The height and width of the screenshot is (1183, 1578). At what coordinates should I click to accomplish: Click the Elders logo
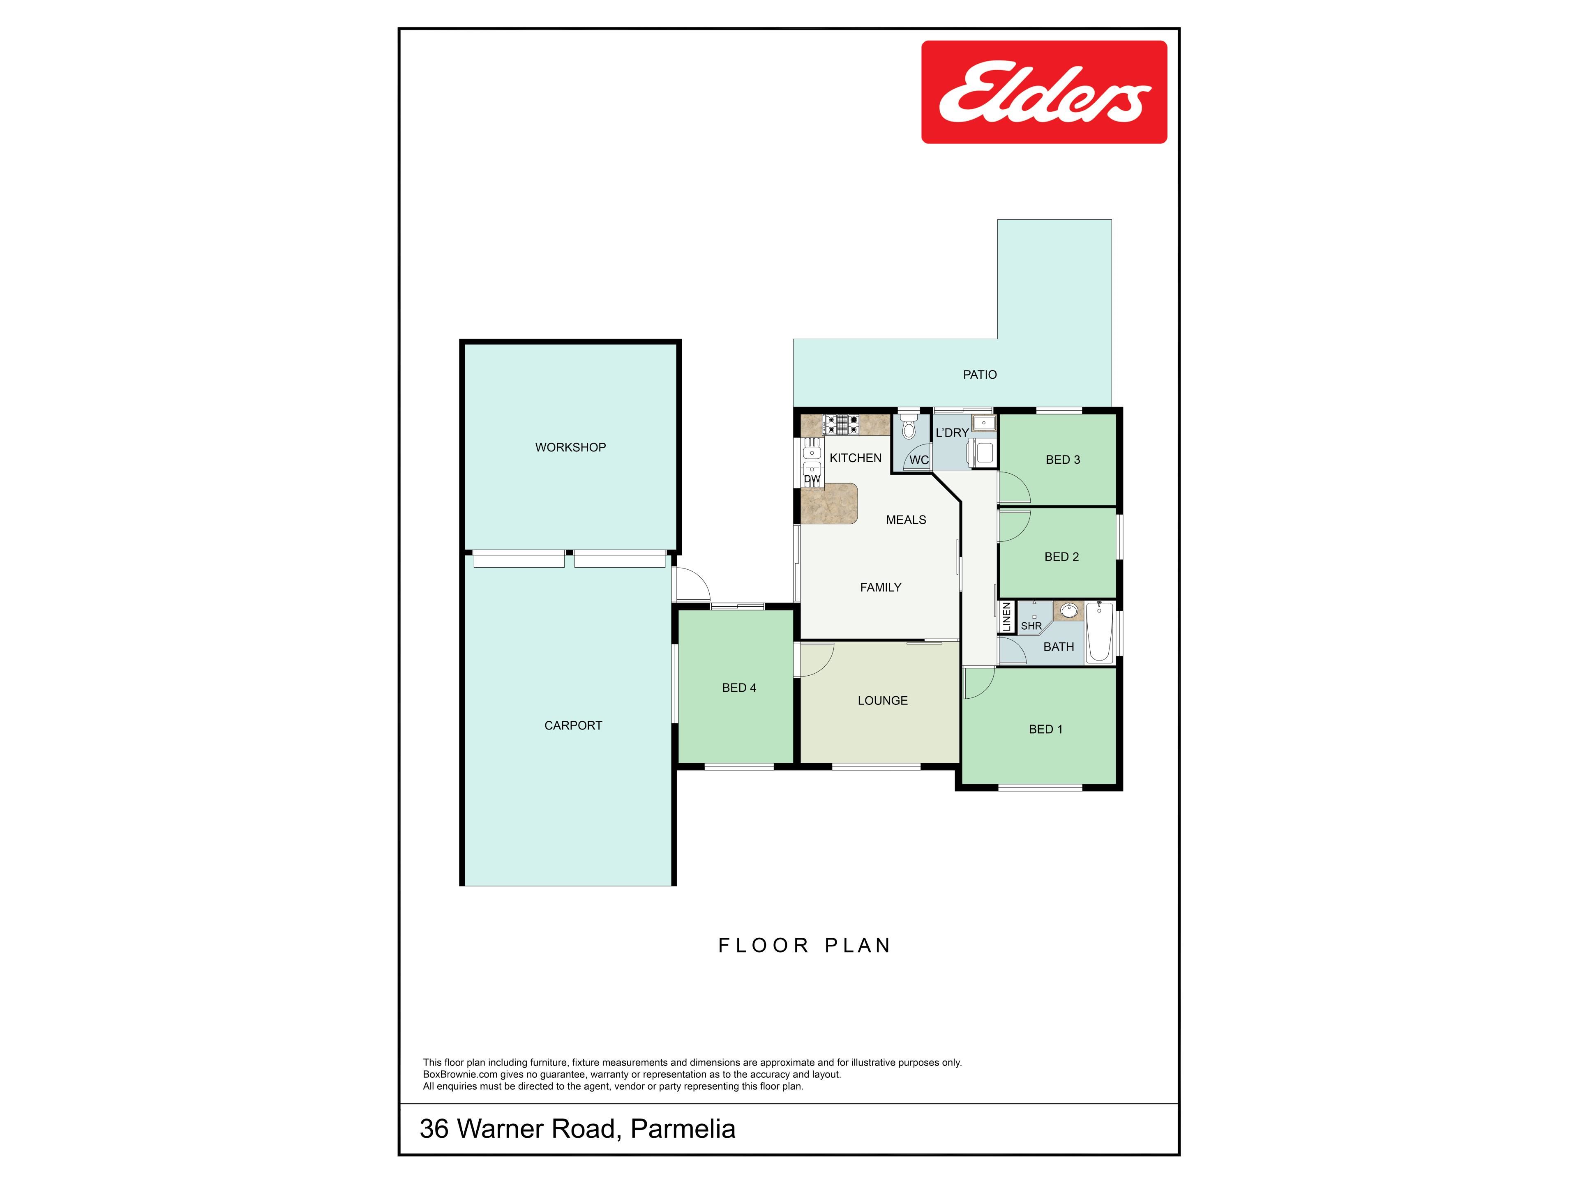coord(1044,92)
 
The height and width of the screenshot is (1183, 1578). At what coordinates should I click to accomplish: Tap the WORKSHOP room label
coord(571,447)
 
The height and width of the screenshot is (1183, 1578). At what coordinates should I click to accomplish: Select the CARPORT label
coord(573,725)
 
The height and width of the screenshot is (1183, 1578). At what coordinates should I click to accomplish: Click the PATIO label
coord(980,374)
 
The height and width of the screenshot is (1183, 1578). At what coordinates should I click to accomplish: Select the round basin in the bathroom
coord(1069,611)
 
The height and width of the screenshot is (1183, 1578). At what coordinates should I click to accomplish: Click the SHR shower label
coord(1031,626)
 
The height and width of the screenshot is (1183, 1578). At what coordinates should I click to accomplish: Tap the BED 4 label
coord(739,687)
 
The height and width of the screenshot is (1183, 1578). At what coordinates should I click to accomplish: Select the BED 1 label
coord(1045,729)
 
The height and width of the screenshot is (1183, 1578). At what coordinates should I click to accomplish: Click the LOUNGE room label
coord(882,700)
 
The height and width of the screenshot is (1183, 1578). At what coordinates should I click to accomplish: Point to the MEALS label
coord(906,520)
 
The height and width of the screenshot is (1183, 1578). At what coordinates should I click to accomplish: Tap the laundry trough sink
coord(984,423)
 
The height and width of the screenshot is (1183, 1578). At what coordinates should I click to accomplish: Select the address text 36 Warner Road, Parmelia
coord(577,1129)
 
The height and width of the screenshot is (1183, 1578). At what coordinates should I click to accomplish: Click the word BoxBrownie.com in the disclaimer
coord(460,1075)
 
